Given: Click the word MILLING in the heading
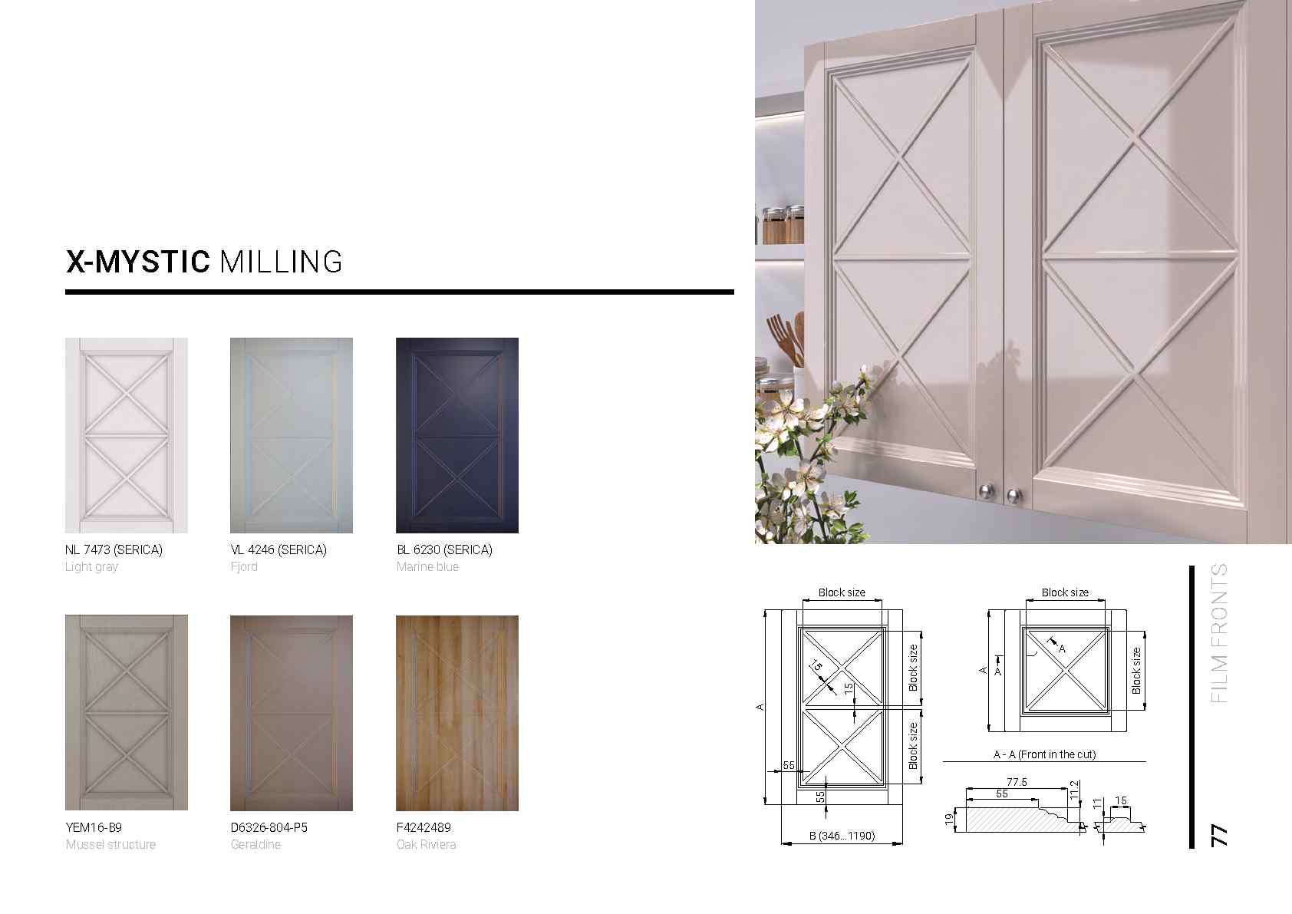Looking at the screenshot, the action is (281, 262).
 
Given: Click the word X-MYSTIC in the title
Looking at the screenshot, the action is (137, 262).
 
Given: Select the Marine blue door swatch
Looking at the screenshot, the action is (456, 435).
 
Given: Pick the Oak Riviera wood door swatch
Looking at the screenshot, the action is (456, 713).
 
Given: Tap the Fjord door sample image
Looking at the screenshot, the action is (292, 435).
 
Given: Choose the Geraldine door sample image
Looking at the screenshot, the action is (292, 713).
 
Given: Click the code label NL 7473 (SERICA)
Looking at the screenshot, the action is (114, 549).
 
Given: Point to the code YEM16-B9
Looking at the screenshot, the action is (94, 827).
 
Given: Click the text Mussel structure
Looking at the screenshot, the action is (110, 844).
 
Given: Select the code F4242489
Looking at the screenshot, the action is (424, 827).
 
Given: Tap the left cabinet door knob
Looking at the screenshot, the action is (986, 492).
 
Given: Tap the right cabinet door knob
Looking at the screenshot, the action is (1013, 495).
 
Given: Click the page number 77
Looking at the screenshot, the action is (1219, 836).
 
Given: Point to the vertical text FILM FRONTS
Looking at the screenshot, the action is (1219, 633).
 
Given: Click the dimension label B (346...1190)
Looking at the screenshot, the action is (842, 836).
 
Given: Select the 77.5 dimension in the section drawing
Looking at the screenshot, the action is (1017, 782).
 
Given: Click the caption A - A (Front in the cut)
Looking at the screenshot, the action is (1044, 754).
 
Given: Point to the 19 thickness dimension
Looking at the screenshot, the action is (949, 820).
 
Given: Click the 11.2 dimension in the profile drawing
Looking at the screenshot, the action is (1074, 790).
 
